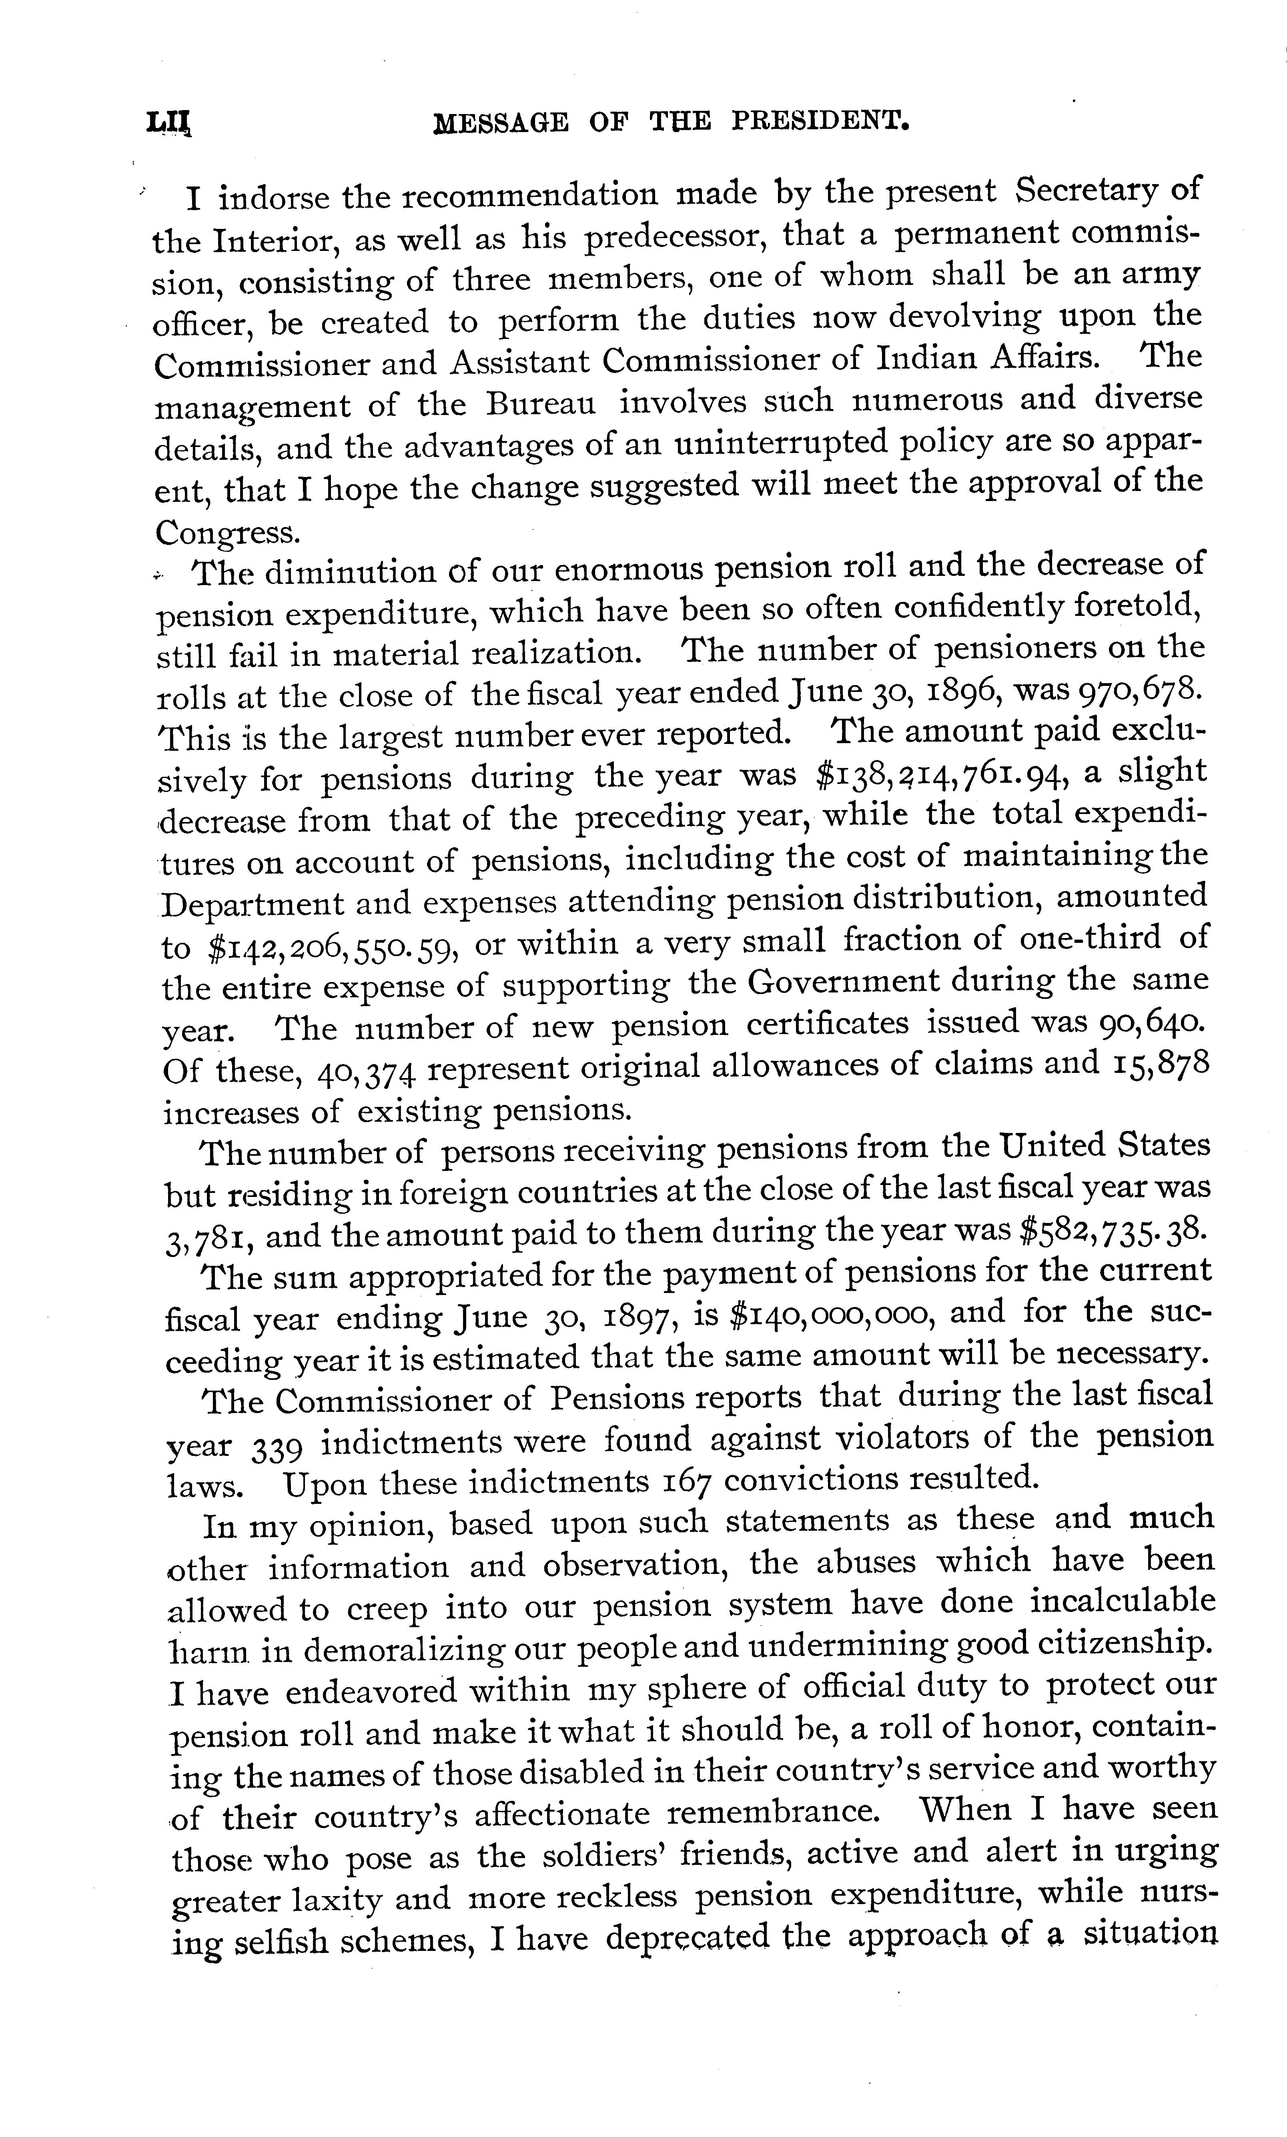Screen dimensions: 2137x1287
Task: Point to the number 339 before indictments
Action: pos(276,1446)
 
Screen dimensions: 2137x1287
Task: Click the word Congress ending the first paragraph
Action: pos(227,531)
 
